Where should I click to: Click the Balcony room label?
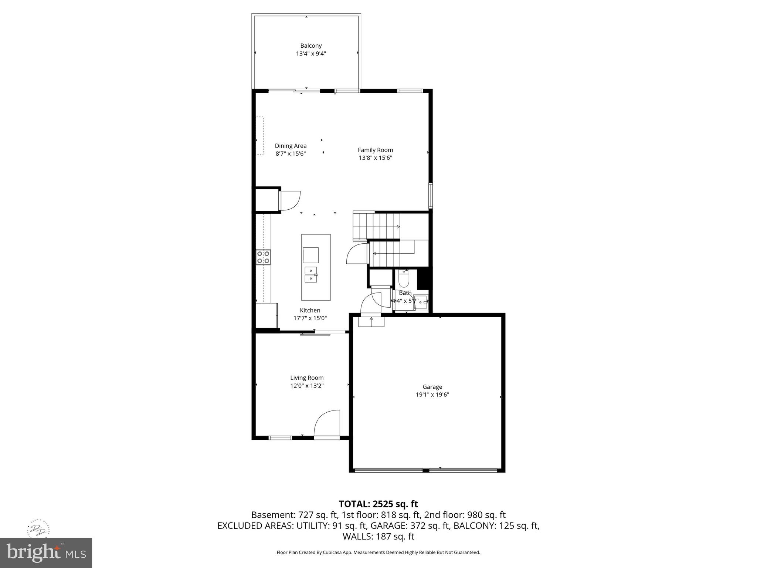(x=310, y=46)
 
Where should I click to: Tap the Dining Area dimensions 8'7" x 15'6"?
(x=291, y=154)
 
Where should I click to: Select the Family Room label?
(x=375, y=150)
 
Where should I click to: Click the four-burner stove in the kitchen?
(x=263, y=257)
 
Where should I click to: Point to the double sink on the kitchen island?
(x=310, y=274)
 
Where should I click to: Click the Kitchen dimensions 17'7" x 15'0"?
(x=310, y=318)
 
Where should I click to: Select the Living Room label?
(x=306, y=378)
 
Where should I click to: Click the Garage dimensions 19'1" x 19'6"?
(x=432, y=395)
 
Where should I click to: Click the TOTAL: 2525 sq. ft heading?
(x=378, y=504)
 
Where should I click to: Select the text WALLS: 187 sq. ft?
(x=378, y=537)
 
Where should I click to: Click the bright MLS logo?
(x=46, y=553)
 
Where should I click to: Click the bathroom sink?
(x=421, y=301)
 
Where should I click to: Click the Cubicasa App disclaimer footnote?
(x=378, y=552)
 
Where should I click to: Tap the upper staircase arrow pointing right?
(x=398, y=227)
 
